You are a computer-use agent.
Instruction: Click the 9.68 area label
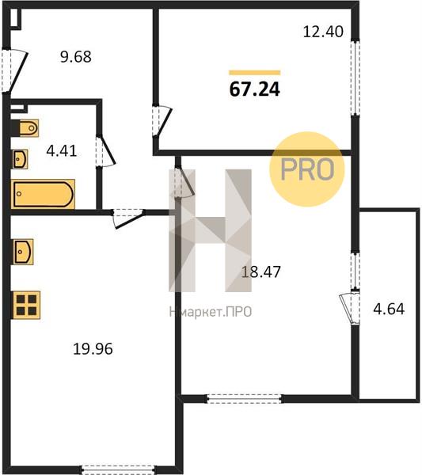click(76, 57)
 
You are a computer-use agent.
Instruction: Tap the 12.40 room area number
click(323, 32)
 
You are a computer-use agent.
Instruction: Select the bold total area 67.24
click(254, 89)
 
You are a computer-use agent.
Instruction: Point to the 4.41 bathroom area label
click(62, 151)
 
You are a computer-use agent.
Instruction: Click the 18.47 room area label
click(260, 272)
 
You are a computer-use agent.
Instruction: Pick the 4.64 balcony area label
click(389, 310)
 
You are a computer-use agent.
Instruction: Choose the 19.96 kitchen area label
click(93, 348)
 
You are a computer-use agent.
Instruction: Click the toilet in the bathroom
click(25, 128)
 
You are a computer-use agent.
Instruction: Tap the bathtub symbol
click(43, 194)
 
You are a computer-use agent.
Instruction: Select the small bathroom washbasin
click(20, 159)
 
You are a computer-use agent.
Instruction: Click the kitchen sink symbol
click(23, 252)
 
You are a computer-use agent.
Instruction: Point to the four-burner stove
click(26, 305)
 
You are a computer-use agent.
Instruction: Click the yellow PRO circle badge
click(307, 169)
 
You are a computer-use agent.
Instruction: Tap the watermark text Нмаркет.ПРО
click(211, 312)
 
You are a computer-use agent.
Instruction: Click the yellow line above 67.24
click(254, 72)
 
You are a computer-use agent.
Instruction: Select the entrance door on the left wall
click(14, 70)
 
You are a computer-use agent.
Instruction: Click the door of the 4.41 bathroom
click(105, 151)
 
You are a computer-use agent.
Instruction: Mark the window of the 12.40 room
click(355, 78)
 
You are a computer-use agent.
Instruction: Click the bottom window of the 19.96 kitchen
click(119, 469)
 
